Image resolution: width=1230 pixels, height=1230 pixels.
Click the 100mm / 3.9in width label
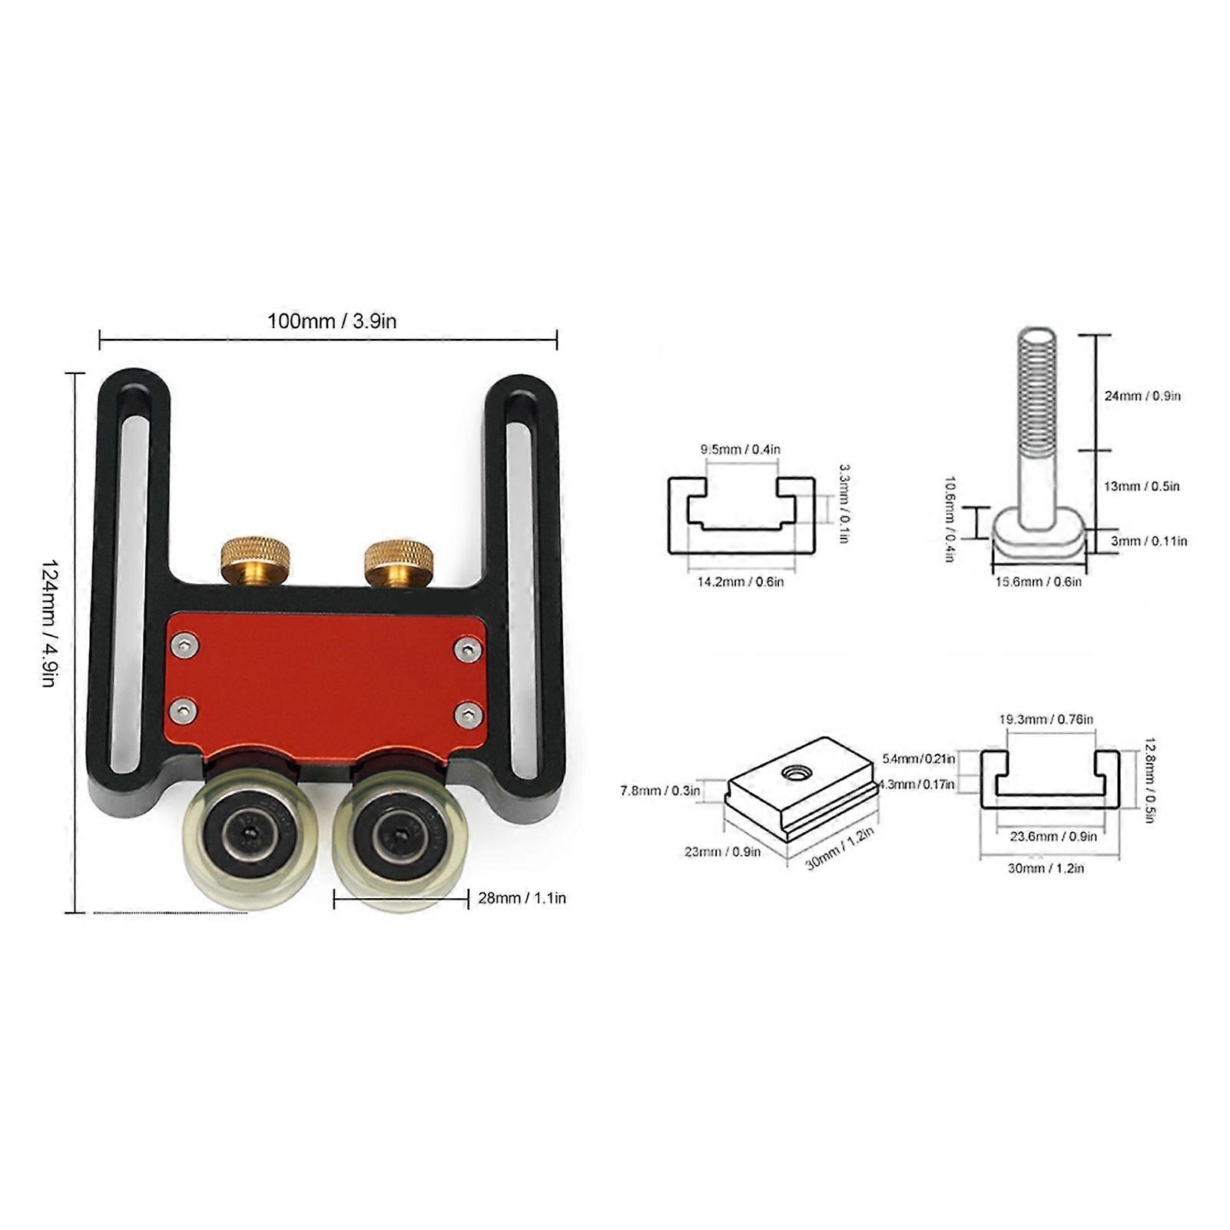pyautogui.click(x=332, y=320)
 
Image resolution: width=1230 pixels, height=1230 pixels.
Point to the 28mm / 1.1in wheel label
pyautogui.click(x=522, y=897)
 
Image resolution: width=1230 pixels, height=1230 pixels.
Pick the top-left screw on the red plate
pyautogui.click(x=183, y=645)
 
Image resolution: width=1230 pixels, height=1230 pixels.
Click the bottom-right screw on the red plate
pyautogui.click(x=468, y=715)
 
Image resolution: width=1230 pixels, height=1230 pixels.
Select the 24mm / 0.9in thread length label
pyautogui.click(x=1142, y=396)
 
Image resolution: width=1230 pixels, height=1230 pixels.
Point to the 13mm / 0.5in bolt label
pyautogui.click(x=1142, y=486)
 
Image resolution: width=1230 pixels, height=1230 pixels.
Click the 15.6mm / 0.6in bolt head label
pyautogui.click(x=1039, y=582)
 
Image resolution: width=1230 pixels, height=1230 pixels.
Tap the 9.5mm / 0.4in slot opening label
pyautogui.click(x=740, y=449)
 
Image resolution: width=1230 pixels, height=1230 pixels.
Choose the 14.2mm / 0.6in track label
pyautogui.click(x=741, y=582)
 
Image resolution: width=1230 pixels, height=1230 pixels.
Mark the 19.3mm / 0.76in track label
pyautogui.click(x=1046, y=719)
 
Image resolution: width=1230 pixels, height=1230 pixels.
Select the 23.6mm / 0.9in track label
pyautogui.click(x=1053, y=836)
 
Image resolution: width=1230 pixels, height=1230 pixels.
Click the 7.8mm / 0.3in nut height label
pyautogui.click(x=661, y=790)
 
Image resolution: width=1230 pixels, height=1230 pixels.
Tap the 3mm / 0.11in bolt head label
pyautogui.click(x=1149, y=541)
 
